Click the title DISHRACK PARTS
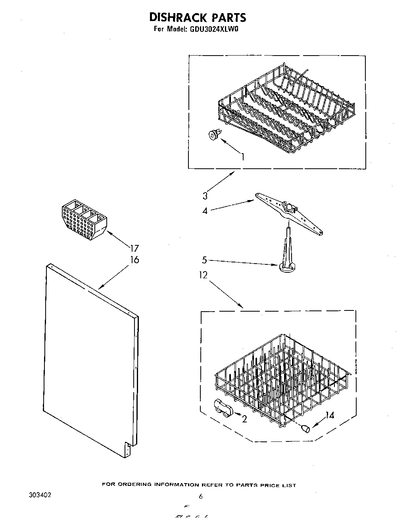[x=198, y=17]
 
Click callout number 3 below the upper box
[x=205, y=195]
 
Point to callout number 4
[x=205, y=211]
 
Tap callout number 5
[x=204, y=260]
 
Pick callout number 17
[x=134, y=249]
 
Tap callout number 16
[x=134, y=260]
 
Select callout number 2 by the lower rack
[x=244, y=418]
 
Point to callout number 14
[x=330, y=415]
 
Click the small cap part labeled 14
[x=305, y=428]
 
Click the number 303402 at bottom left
[x=40, y=496]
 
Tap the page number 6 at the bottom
[x=201, y=496]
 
